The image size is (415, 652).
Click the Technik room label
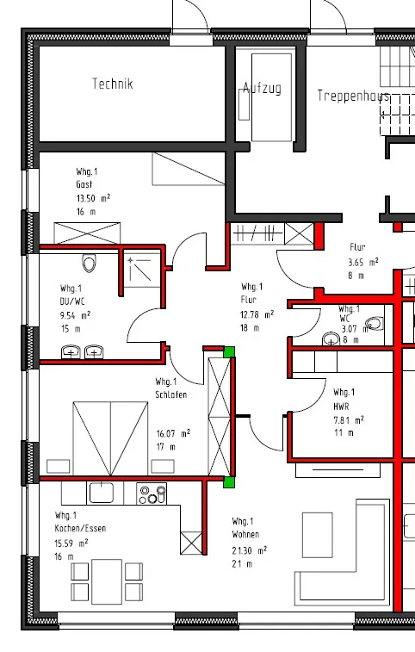[112, 84]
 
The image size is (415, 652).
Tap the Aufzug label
[262, 88]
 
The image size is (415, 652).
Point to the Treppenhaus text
[354, 96]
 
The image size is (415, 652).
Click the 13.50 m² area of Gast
[93, 198]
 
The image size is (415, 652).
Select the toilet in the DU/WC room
[89, 264]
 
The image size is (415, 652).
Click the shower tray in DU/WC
[142, 270]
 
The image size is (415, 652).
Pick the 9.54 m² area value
[75, 315]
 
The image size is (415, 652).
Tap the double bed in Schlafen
[110, 438]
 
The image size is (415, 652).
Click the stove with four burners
[152, 494]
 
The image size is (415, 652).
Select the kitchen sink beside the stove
[102, 493]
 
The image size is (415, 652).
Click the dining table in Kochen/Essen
[107, 581]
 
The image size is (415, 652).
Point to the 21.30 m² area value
[250, 550]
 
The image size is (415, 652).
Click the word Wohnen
[245, 534]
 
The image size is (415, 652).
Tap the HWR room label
[341, 407]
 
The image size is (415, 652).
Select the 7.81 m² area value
[349, 420]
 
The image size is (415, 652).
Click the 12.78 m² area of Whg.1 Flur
[257, 314]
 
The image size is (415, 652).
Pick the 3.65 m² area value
[363, 263]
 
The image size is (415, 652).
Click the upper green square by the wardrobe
[229, 351]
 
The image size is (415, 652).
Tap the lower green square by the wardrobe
[229, 482]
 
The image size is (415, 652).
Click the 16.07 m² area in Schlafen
[173, 434]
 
